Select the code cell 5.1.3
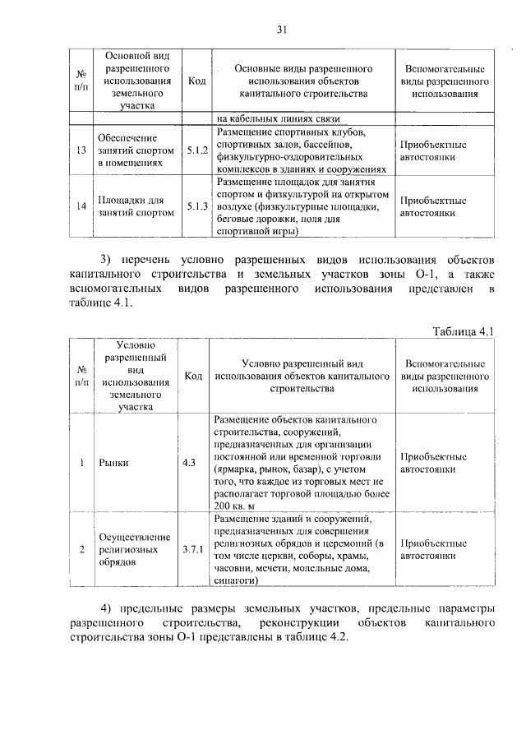[x=196, y=206]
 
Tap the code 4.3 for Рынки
[x=189, y=463]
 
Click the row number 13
[x=81, y=150]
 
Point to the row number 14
[x=81, y=206]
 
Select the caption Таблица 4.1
[x=464, y=331]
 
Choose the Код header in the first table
[x=196, y=81]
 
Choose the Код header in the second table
[x=193, y=376]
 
